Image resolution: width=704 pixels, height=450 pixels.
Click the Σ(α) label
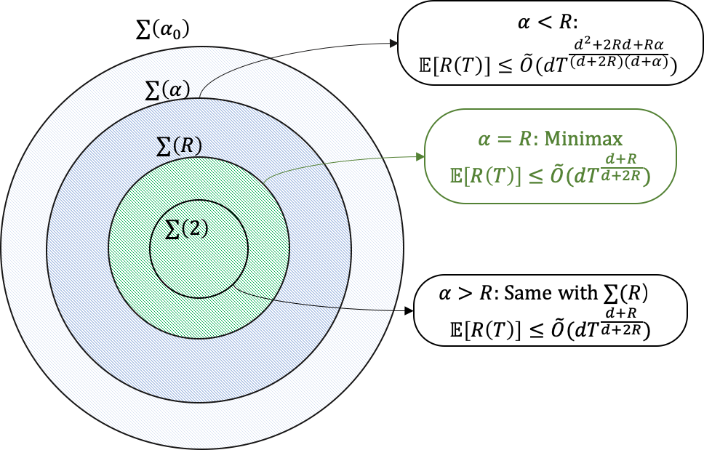[168, 89]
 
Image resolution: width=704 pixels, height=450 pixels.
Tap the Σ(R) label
[179, 145]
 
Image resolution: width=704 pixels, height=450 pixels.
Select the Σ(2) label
[187, 229]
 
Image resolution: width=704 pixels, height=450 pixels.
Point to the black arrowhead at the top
[394, 44]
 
